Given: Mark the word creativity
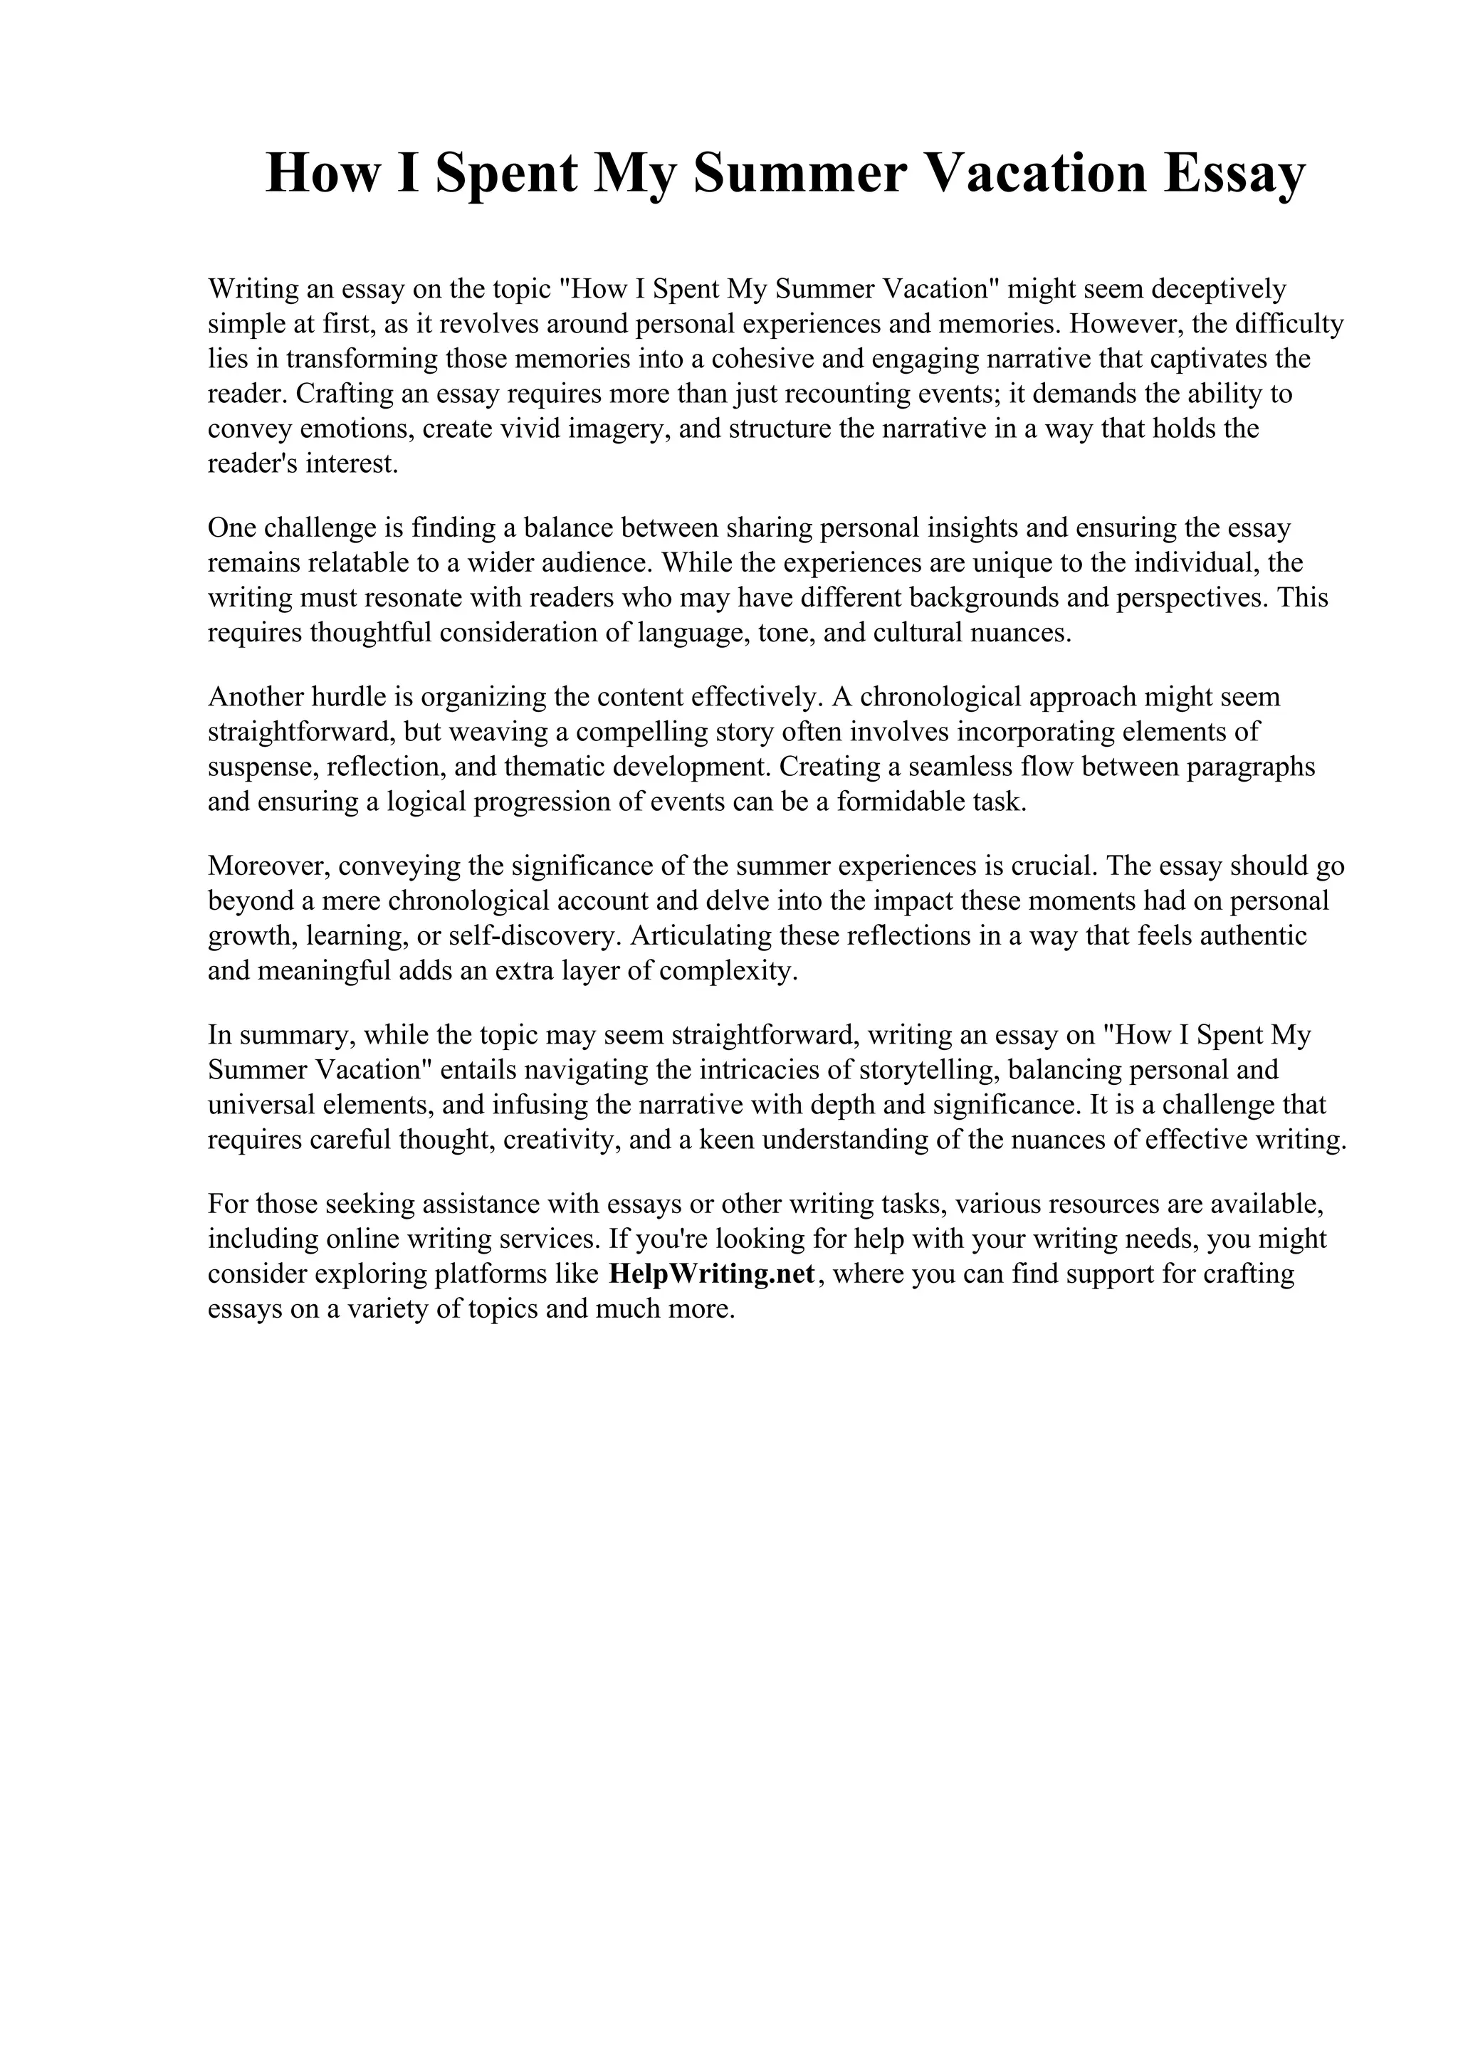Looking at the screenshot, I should [572, 1141].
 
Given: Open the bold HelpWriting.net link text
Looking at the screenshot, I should [711, 1275].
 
